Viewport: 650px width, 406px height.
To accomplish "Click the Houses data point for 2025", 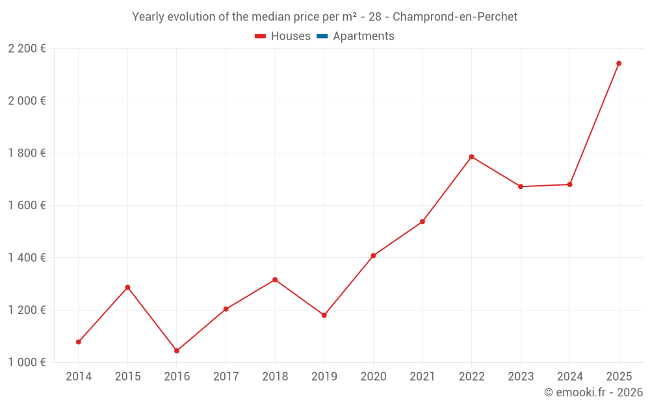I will pyautogui.click(x=619, y=64).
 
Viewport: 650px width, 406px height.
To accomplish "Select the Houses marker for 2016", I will pyautogui.click(x=177, y=351).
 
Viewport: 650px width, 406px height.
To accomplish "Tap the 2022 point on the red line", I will pyautogui.click(x=471, y=157).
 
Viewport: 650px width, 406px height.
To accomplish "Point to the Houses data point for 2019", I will pyautogui.click(x=324, y=316).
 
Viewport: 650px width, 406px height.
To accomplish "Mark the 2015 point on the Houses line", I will pyautogui.click(x=127, y=287).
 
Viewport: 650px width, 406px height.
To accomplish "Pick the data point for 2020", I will pyautogui.click(x=373, y=256).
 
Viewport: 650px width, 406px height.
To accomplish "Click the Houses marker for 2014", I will pyautogui.click(x=79, y=342).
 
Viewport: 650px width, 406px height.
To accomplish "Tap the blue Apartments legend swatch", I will pyautogui.click(x=322, y=36).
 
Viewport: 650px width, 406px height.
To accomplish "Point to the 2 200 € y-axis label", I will pyautogui.click(x=27, y=49).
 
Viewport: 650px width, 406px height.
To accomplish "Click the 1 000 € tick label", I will pyautogui.click(x=27, y=362).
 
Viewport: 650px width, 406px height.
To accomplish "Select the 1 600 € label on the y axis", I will pyautogui.click(x=27, y=205).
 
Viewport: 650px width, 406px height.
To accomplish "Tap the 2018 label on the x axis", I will pyautogui.click(x=275, y=377).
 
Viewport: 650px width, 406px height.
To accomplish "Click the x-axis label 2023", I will pyautogui.click(x=521, y=377).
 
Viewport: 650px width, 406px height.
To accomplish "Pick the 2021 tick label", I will pyautogui.click(x=422, y=377).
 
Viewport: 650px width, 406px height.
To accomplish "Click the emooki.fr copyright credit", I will pyautogui.click(x=593, y=392).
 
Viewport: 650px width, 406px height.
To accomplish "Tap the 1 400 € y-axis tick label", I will pyautogui.click(x=27, y=258).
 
